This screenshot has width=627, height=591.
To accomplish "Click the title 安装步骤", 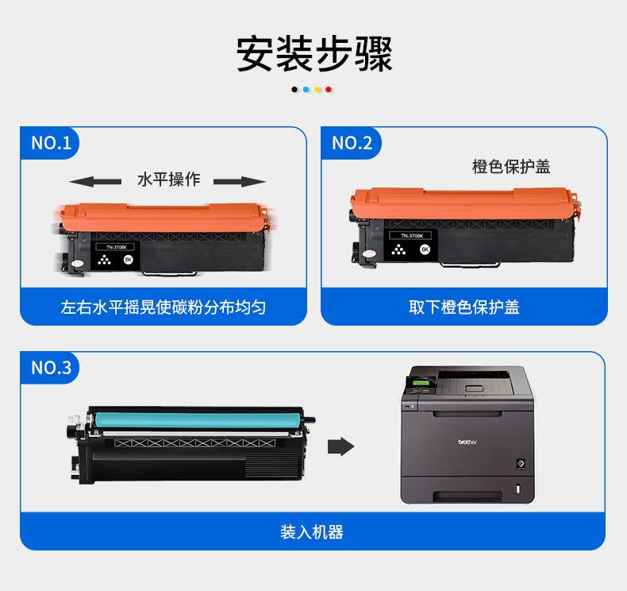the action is tap(314, 54).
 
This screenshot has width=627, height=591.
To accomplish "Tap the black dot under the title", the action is tap(294, 90).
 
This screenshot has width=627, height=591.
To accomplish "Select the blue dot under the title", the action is tap(306, 90).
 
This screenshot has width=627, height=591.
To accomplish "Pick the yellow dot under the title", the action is tap(317, 90).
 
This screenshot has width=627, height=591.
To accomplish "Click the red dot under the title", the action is tap(329, 90).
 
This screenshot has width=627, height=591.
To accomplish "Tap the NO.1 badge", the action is tap(50, 143).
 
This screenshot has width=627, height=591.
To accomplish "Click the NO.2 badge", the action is tap(352, 143).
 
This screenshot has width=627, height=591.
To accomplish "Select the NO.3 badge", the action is tap(50, 368).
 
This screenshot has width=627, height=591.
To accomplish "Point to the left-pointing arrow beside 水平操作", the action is tap(95, 182).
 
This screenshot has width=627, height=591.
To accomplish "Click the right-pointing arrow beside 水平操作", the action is tap(240, 182).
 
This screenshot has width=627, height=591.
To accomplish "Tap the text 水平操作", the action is tap(169, 180).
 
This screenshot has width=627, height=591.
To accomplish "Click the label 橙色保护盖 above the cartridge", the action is tap(511, 167).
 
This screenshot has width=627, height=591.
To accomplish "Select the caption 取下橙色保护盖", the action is tap(464, 307).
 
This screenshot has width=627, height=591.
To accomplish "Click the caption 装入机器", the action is tap(312, 532).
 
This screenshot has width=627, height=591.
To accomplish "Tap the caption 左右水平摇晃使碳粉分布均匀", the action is tap(163, 307).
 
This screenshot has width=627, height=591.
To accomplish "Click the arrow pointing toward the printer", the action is tap(340, 446).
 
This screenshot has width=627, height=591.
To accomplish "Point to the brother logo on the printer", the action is tap(467, 442).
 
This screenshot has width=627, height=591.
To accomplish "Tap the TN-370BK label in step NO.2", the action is tap(412, 236).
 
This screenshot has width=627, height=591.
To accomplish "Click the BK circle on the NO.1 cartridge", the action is tap(129, 260).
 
